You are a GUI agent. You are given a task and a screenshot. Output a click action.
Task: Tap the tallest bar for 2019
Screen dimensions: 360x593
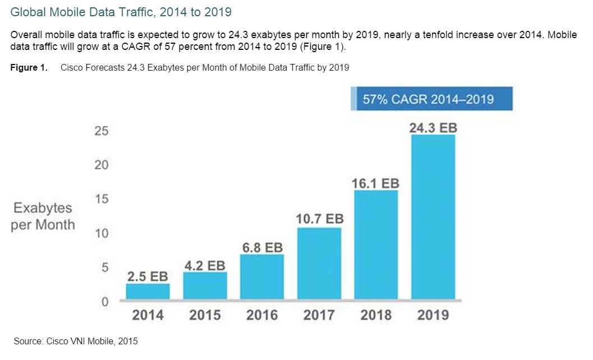[433, 216]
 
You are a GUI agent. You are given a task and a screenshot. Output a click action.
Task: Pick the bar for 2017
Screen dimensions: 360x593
[319, 263]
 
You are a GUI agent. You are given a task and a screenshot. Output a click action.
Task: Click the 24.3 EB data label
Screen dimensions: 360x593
[433, 128]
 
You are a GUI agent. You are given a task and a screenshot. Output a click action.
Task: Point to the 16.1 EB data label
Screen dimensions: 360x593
[376, 183]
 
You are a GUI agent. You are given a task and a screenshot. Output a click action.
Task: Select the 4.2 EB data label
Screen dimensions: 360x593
[205, 265]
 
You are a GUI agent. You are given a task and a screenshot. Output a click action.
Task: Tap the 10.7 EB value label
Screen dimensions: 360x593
[319, 219]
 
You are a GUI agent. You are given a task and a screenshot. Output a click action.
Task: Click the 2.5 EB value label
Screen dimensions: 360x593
[148, 276]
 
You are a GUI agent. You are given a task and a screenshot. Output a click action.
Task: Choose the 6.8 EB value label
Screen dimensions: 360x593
[262, 247]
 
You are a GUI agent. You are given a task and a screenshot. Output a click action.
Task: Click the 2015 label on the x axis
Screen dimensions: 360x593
[205, 315]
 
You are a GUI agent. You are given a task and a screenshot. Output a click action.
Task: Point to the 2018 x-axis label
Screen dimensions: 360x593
[376, 315]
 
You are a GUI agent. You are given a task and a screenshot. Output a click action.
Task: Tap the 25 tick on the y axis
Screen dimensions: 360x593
[101, 131]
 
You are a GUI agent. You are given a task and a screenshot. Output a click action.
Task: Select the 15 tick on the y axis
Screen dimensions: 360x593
[101, 200]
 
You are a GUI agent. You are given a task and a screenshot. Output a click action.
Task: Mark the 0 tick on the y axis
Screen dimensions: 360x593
[104, 302]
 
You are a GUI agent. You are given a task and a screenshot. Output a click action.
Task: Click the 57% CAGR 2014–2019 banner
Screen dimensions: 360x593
[431, 99]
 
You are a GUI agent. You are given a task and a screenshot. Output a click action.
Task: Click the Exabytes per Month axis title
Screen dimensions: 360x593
[44, 216]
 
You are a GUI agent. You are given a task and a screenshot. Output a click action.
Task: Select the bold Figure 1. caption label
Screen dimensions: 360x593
[29, 68]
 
